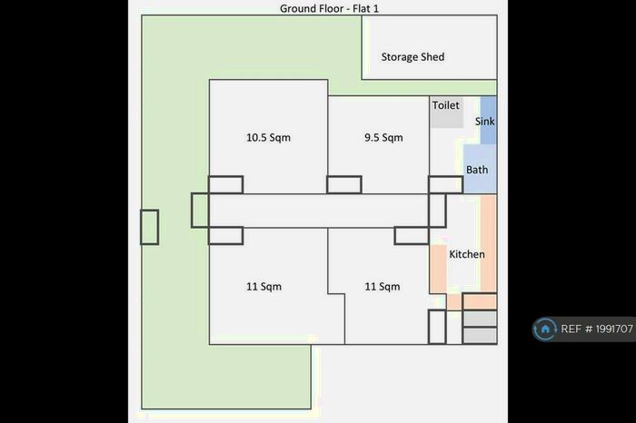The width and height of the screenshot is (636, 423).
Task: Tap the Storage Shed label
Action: [x=412, y=57]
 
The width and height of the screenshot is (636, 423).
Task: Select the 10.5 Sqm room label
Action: [x=268, y=138]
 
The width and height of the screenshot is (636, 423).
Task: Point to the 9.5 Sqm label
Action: [x=383, y=138]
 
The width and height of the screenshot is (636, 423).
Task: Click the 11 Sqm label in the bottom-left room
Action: [x=263, y=287]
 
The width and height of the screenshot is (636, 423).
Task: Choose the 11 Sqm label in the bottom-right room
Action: [x=383, y=287]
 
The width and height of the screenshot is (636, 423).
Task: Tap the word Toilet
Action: [x=445, y=106]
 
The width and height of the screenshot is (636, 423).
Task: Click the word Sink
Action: [x=484, y=121]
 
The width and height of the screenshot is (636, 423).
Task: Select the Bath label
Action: [x=477, y=170]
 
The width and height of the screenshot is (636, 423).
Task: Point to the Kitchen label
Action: [x=467, y=254]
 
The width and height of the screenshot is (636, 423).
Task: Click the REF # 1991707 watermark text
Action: [x=597, y=329]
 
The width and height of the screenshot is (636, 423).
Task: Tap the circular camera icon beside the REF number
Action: [x=546, y=329]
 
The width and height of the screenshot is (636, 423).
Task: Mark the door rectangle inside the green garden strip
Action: [x=149, y=227]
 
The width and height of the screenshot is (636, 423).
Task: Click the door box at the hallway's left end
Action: [x=200, y=211]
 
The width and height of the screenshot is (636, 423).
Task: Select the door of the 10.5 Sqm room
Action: [x=225, y=184]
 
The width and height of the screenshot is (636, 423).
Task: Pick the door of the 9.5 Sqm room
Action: [x=344, y=184]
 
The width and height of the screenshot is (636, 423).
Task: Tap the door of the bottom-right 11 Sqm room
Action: [x=411, y=236]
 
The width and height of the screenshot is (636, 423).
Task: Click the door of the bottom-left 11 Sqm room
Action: [x=225, y=236]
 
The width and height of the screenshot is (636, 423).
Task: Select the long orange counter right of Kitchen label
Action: [x=488, y=242]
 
